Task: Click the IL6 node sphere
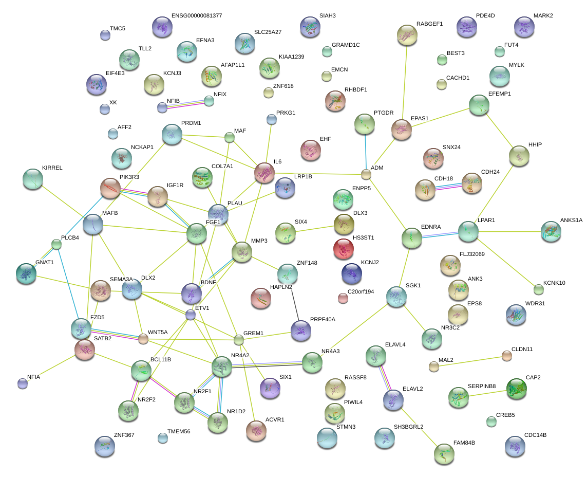pyautogui.click(x=264, y=173)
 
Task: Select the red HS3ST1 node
pyautogui.click(x=343, y=249)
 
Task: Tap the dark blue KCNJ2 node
pyautogui.click(x=351, y=273)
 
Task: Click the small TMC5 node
pyautogui.click(x=105, y=35)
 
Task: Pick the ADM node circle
pyautogui.click(x=366, y=174)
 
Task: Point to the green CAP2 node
pyautogui.click(x=516, y=389)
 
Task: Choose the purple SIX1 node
pyautogui.click(x=270, y=388)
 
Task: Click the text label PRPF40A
pyautogui.click(x=323, y=319)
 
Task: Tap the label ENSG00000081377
pyautogui.click(x=197, y=16)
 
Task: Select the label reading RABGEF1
pyautogui.click(x=429, y=24)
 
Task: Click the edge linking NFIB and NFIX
pyautogui.click(x=185, y=104)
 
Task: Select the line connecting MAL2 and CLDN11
pyautogui.click(x=470, y=361)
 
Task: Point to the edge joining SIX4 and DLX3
pyautogui.click(x=314, y=229)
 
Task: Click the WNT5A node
pyautogui.click(x=143, y=339)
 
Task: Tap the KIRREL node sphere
pyautogui.click(x=33, y=179)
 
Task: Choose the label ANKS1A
pyautogui.click(x=571, y=221)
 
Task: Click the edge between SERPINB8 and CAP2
pyautogui.click(x=487, y=393)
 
